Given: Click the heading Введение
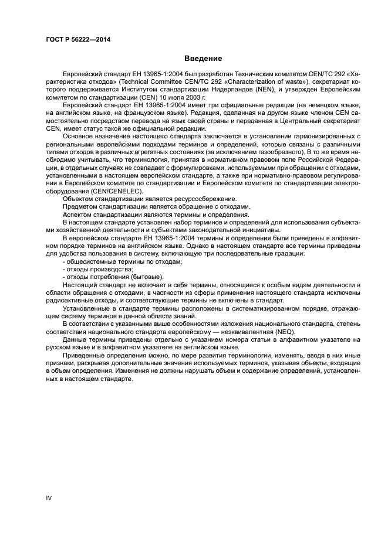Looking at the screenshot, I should click(203, 59).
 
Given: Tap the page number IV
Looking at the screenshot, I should click(49, 498).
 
